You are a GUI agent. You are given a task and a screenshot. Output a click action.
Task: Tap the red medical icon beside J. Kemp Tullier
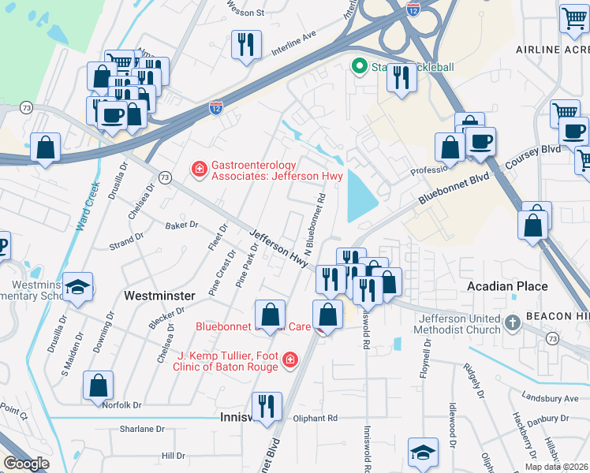[x=290, y=360]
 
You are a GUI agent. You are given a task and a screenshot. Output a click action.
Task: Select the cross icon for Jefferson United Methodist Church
[x=513, y=322]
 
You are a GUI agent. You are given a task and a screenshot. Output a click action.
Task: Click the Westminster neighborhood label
[x=160, y=295]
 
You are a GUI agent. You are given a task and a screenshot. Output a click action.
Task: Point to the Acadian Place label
[x=507, y=285]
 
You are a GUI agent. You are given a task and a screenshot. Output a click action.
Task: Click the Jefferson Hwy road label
[x=278, y=248]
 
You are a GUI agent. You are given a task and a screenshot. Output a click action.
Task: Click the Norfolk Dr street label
[x=121, y=404]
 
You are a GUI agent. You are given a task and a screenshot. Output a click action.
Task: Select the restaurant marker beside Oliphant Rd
[x=267, y=406]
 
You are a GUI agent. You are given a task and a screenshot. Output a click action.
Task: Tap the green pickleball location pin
[x=360, y=66]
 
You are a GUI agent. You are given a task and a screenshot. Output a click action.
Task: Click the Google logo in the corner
[x=25, y=464]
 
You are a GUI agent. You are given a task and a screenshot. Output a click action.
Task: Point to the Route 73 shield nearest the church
[x=551, y=337]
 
